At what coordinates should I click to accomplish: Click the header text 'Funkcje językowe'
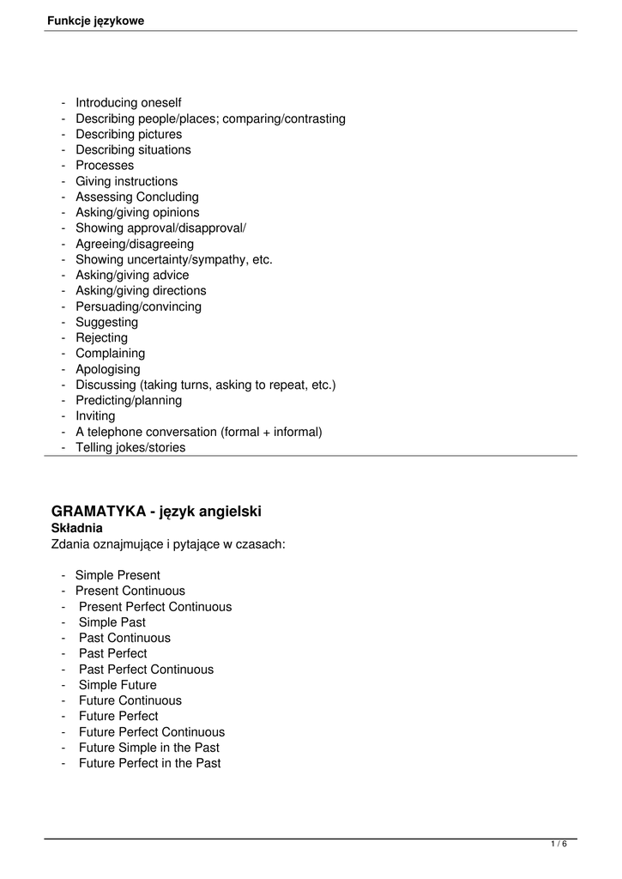(95, 21)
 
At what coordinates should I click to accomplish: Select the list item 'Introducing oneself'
(129, 103)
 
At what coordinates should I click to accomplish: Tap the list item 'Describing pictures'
(129, 134)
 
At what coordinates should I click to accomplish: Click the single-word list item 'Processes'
(105, 165)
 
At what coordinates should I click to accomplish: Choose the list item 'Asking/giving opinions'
(137, 212)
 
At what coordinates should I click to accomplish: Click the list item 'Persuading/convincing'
(139, 306)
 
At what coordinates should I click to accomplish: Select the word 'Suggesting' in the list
(107, 322)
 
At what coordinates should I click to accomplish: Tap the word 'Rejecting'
(102, 337)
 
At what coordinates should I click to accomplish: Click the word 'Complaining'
(111, 353)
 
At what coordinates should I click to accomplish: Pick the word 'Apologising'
(108, 369)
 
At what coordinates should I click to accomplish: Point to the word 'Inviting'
(95, 415)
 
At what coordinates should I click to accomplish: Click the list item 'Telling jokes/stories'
(130, 447)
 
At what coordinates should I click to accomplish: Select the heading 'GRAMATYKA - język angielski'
(157, 512)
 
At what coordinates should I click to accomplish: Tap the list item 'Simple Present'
(118, 575)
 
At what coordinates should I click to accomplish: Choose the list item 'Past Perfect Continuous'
(147, 669)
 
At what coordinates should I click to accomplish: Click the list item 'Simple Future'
(118, 685)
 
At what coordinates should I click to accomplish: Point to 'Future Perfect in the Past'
(150, 763)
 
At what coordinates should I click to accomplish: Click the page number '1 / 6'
(559, 845)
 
